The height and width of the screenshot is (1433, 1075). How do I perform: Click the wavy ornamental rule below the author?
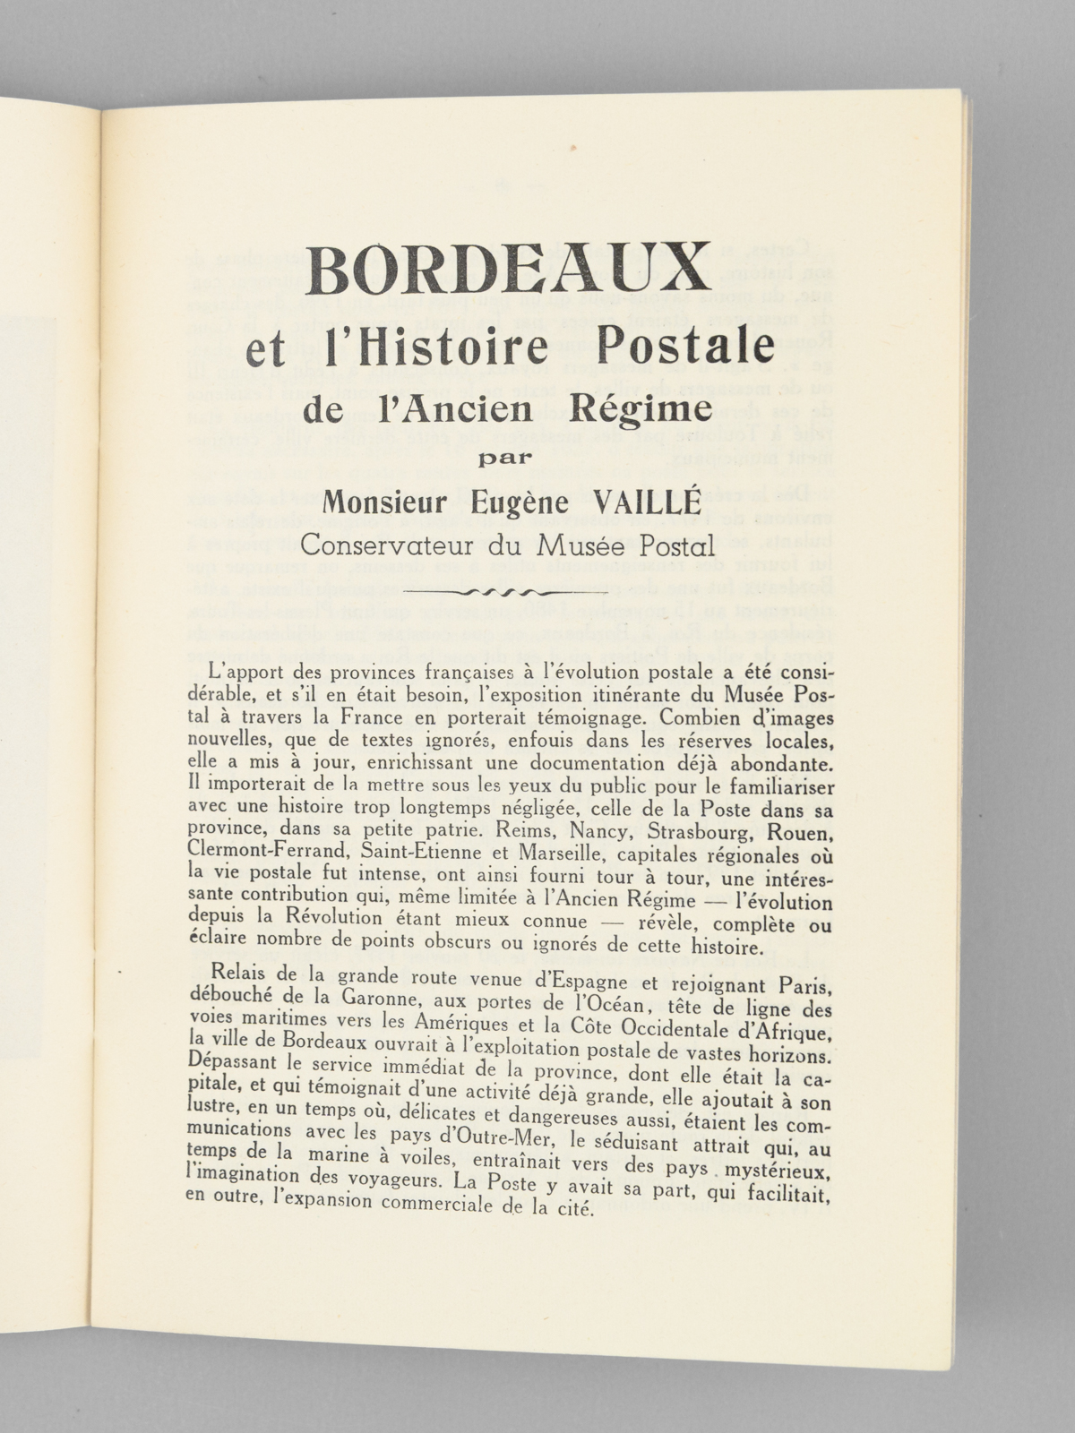504,592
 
